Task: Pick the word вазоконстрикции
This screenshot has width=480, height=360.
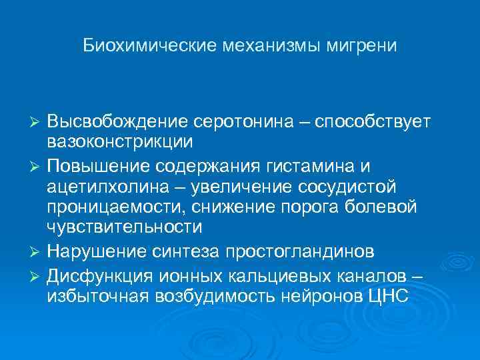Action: point(120,143)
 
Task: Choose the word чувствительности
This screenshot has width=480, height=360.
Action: point(124,227)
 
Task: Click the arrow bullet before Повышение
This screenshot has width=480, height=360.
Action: point(37,164)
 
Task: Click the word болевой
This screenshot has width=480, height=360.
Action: point(388,207)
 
